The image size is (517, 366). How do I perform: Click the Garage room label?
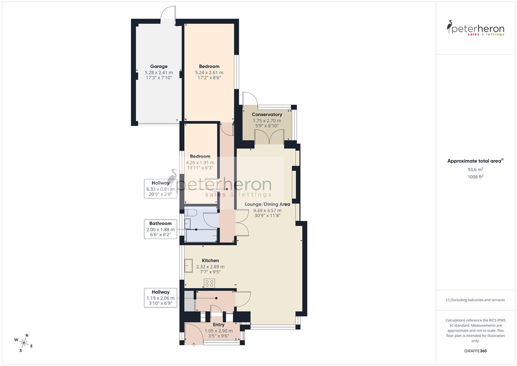[159, 66]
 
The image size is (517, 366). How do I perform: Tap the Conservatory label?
[267, 115]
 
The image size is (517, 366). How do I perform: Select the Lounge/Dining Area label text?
[267, 204]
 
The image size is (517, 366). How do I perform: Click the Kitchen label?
[210, 261]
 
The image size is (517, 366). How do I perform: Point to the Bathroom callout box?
[160, 229]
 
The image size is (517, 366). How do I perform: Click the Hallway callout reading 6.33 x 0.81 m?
[160, 188]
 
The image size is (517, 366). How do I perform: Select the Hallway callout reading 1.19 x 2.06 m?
[160, 298]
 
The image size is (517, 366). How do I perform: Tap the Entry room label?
[219, 325]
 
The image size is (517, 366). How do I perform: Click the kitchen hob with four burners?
[209, 283]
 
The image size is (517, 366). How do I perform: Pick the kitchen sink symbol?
[188, 266]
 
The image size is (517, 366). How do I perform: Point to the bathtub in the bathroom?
[201, 236]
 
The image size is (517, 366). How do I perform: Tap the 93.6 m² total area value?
[475, 169]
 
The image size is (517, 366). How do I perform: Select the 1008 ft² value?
[475, 177]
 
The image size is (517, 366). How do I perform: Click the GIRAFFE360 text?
[475, 351]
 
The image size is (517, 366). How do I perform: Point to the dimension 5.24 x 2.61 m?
[209, 73]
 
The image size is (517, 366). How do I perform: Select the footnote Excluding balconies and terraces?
[475, 300]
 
